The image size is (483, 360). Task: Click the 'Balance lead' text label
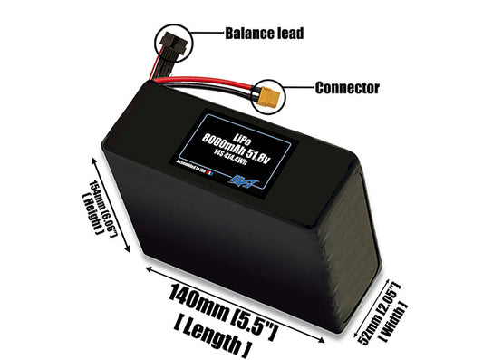coord(264,34)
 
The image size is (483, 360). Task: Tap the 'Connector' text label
coord(346,88)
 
